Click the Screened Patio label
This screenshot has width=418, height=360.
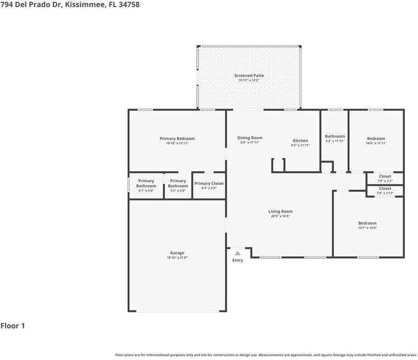pos(249,75)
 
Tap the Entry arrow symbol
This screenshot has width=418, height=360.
pos(238,253)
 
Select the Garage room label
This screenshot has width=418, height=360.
pos(177,253)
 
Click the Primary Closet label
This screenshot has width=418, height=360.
pos(209,183)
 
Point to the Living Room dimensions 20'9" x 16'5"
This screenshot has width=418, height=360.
pos(280,216)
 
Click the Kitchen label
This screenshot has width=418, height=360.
pos(300,140)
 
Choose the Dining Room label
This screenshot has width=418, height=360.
pos(250,138)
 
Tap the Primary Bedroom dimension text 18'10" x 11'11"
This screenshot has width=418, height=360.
pos(177,143)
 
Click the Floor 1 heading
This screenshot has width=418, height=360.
pos(13,326)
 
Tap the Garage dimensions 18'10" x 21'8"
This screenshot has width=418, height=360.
pos(177,258)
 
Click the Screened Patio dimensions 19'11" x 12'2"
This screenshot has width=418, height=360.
pos(249,80)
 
